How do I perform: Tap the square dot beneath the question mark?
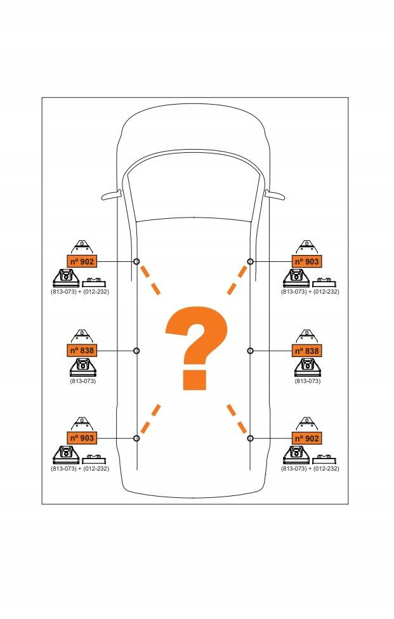click(195, 379)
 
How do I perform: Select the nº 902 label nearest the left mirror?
click(82, 261)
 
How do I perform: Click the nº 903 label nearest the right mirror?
click(306, 261)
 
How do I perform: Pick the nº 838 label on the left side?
click(82, 351)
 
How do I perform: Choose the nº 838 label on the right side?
click(306, 351)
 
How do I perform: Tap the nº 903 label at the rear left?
click(82, 438)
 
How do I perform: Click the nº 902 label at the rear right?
click(306, 438)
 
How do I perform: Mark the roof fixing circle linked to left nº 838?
click(136, 351)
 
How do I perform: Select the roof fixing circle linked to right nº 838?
click(251, 351)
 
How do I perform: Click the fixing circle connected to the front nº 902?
click(136, 261)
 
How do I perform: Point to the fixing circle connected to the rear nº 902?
click(251, 438)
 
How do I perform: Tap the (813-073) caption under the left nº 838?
click(82, 381)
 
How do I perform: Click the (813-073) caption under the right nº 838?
click(308, 381)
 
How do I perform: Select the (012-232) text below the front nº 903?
click(325, 292)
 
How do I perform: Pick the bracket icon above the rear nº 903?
click(82, 424)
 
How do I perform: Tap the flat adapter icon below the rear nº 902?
click(324, 460)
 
